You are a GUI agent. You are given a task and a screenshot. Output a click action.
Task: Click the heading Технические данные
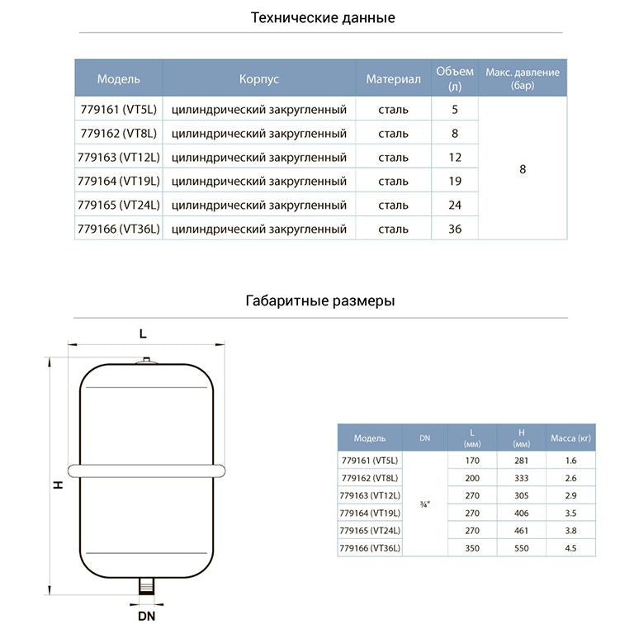pos(323,18)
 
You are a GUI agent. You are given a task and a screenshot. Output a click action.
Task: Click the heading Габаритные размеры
pos(320,300)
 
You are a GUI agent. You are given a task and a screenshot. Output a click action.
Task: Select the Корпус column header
pos(259,79)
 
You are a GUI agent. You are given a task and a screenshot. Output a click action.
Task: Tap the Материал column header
pos(394,79)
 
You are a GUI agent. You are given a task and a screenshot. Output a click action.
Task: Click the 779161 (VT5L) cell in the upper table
pos(119,110)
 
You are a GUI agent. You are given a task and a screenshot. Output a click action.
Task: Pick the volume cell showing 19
pos(455,181)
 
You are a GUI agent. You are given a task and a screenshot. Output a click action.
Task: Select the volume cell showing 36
pos(455,229)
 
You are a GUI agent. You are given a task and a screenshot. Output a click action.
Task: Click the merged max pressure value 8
pos(523,169)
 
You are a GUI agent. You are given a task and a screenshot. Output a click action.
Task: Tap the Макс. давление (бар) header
pos(523,78)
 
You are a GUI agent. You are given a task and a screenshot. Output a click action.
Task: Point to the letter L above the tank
pos(143,334)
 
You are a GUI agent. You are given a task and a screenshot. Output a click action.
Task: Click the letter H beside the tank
pos(59,485)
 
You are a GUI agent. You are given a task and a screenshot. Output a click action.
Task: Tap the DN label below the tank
pos(146,616)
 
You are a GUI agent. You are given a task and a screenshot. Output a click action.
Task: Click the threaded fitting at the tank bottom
pos(147,585)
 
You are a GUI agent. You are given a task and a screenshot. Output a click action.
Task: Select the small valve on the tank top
pos(146,361)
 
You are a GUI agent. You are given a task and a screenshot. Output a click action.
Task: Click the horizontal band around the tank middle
pos(146,471)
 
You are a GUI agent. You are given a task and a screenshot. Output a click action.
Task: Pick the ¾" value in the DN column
pos(425,504)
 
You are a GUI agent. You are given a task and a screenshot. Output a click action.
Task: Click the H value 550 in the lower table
pos(522,548)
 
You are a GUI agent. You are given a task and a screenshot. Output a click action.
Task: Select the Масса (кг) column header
pos(570,438)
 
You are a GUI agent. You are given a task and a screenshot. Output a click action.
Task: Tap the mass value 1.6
pos(570,461)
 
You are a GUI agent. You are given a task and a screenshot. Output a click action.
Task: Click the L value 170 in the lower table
pos(472,461)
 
